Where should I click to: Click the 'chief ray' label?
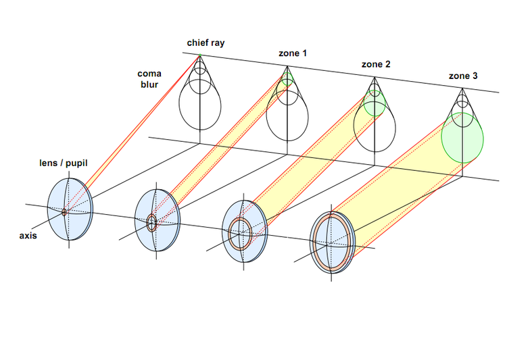pos(206,43)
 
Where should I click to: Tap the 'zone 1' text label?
pos(293,53)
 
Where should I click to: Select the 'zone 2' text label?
pos(376,64)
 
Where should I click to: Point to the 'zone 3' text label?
pos(463,76)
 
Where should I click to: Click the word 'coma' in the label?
pos(149,73)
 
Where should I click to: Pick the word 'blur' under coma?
pos(149,84)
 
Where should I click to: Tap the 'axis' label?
pos(28,236)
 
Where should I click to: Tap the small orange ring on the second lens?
pos(152,222)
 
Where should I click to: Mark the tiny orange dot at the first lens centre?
pos(64,211)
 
